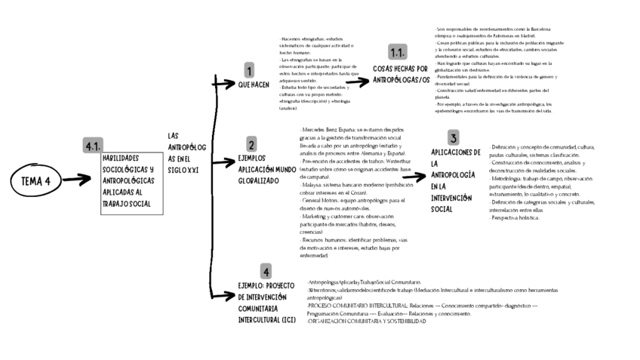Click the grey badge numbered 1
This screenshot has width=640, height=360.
tap(249, 70)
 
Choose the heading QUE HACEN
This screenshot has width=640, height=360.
tap(254, 85)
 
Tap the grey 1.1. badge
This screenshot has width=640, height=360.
tap(398, 52)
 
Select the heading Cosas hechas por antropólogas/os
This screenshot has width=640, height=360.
tap(402, 74)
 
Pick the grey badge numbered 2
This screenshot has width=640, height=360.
tap(251, 144)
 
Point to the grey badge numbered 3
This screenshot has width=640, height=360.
tap(453, 137)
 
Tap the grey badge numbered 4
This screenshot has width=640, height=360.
tap(266, 272)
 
